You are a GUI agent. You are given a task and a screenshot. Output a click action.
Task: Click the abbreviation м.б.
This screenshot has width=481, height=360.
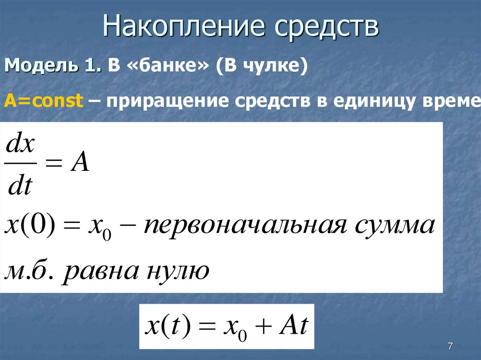pos(30,271)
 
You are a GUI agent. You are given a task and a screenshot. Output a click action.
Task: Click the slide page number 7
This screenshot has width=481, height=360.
pos(450,346)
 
